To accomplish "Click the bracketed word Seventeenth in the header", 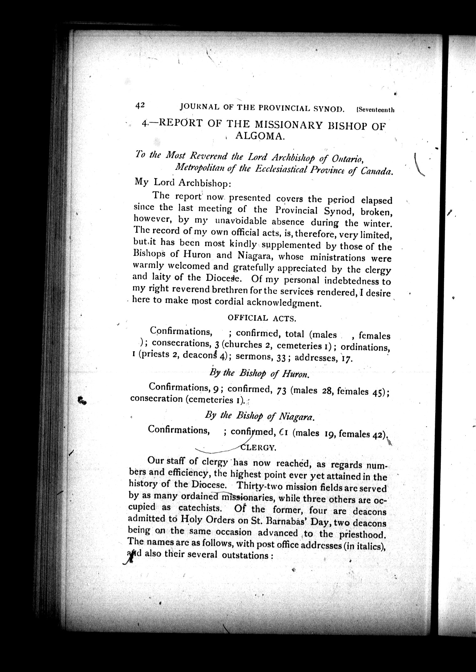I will [x=375, y=110].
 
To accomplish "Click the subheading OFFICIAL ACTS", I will [x=262, y=318].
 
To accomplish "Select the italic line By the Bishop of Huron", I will [x=259, y=374].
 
